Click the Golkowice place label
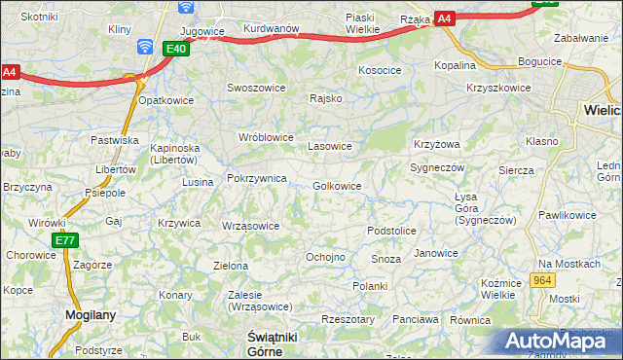click(x=338, y=186)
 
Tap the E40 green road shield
click(x=175, y=49)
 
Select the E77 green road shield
click(x=65, y=240)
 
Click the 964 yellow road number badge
click(x=543, y=280)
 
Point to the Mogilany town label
click(x=91, y=314)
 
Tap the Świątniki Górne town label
click(x=266, y=342)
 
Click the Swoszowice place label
click(x=256, y=87)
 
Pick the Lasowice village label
click(x=329, y=146)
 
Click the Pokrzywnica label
click(x=256, y=178)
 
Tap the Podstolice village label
click(x=391, y=231)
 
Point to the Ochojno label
click(x=325, y=257)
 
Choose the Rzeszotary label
click(x=348, y=318)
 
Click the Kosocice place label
click(x=380, y=70)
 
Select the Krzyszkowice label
click(x=498, y=88)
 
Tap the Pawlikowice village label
click(x=567, y=214)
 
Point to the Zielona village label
click(x=231, y=265)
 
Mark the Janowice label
click(x=435, y=253)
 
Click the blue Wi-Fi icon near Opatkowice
click(x=145, y=47)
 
